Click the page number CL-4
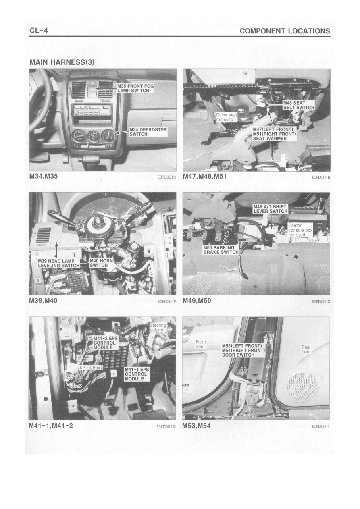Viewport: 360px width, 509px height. [x=39, y=31]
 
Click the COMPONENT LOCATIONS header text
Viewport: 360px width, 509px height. [x=285, y=31]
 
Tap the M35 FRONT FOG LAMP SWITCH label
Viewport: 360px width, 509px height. [x=135, y=88]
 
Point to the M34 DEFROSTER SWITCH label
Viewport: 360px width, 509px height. [x=148, y=132]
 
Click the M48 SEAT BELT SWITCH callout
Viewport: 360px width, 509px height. [x=298, y=105]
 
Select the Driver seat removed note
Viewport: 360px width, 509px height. [x=227, y=117]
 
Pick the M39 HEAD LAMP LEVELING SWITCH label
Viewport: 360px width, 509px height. [x=58, y=263]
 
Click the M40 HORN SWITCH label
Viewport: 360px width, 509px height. [x=101, y=263]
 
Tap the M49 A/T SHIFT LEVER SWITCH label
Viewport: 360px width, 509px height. [x=271, y=209]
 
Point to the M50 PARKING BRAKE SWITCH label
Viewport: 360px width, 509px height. [x=221, y=250]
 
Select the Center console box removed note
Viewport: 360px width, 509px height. [x=300, y=230]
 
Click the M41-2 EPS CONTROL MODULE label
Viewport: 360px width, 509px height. [x=106, y=343]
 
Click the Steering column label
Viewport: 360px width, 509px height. [x=157, y=327]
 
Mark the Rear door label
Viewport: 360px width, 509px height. [x=306, y=349]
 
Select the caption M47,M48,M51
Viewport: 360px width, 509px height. [x=204, y=177]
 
